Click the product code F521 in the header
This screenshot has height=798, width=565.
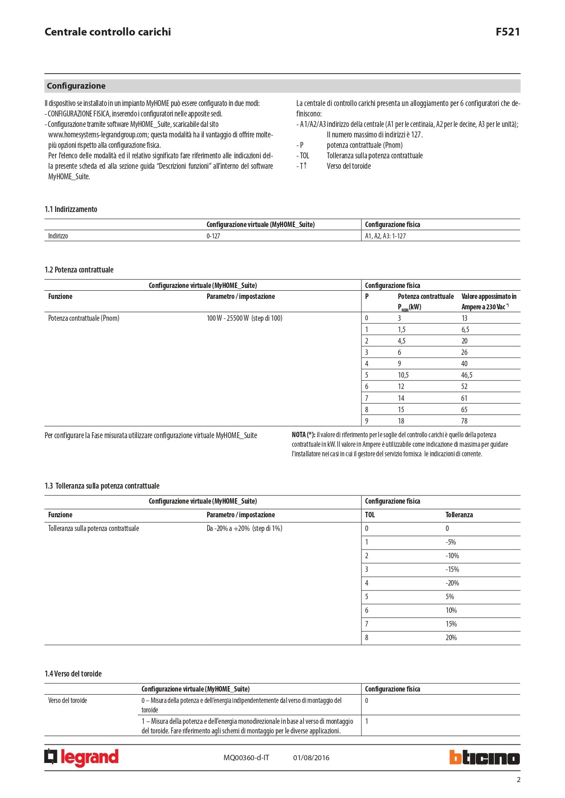[507, 32]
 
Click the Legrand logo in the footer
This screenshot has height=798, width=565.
[81, 758]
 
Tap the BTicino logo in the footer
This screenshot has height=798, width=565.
[484, 758]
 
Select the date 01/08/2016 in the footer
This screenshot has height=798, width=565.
[311, 758]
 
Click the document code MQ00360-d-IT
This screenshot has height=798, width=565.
[246, 758]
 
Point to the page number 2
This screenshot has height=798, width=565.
[518, 780]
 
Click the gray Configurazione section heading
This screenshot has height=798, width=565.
[76, 86]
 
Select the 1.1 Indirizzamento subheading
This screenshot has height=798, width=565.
[71, 209]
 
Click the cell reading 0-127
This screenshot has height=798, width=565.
[213, 236]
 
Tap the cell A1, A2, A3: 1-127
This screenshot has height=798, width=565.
[385, 236]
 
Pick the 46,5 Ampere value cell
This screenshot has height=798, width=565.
[467, 375]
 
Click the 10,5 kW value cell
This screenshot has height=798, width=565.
[403, 375]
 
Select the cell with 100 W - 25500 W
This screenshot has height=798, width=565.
[244, 318]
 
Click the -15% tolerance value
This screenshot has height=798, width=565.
[452, 569]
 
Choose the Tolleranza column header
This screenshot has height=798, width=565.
[459, 515]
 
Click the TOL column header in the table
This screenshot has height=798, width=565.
[370, 515]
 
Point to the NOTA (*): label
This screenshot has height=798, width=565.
[303, 435]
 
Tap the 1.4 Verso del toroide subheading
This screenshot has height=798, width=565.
[73, 674]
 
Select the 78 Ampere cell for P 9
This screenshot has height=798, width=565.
[464, 421]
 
